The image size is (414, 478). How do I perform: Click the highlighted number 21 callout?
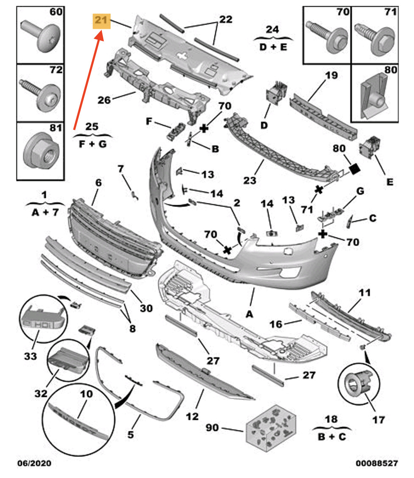tap(102, 21)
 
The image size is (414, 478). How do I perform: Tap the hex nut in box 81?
tap(41, 151)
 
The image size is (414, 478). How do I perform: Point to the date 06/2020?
tap(34, 464)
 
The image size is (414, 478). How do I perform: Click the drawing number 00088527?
tap(377, 464)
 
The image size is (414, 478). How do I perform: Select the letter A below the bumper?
tap(249, 314)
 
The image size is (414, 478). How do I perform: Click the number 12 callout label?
tap(192, 416)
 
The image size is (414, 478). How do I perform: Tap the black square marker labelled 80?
tap(355, 168)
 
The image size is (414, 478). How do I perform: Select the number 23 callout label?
tap(250, 180)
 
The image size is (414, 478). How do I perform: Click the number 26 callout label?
tap(104, 100)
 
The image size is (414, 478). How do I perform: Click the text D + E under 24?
tap(273, 47)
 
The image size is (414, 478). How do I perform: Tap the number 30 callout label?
tap(146, 308)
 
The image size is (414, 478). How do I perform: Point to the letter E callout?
tap(390, 182)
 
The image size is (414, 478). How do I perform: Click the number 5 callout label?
tap(130, 434)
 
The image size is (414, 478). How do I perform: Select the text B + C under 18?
tap(332, 437)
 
